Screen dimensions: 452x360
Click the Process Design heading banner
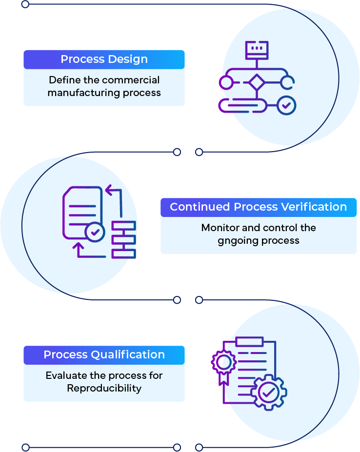(104, 59)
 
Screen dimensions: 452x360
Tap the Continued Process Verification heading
(258, 207)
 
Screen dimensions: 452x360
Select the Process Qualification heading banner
(104, 354)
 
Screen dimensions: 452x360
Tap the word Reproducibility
(104, 388)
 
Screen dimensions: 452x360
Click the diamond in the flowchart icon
(256, 82)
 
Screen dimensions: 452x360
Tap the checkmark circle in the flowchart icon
(286, 105)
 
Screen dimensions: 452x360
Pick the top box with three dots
(256, 49)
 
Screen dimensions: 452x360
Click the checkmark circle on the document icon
(95, 232)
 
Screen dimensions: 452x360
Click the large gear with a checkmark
(269, 392)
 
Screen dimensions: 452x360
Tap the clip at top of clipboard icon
(249, 341)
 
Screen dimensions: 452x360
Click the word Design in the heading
(128, 59)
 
